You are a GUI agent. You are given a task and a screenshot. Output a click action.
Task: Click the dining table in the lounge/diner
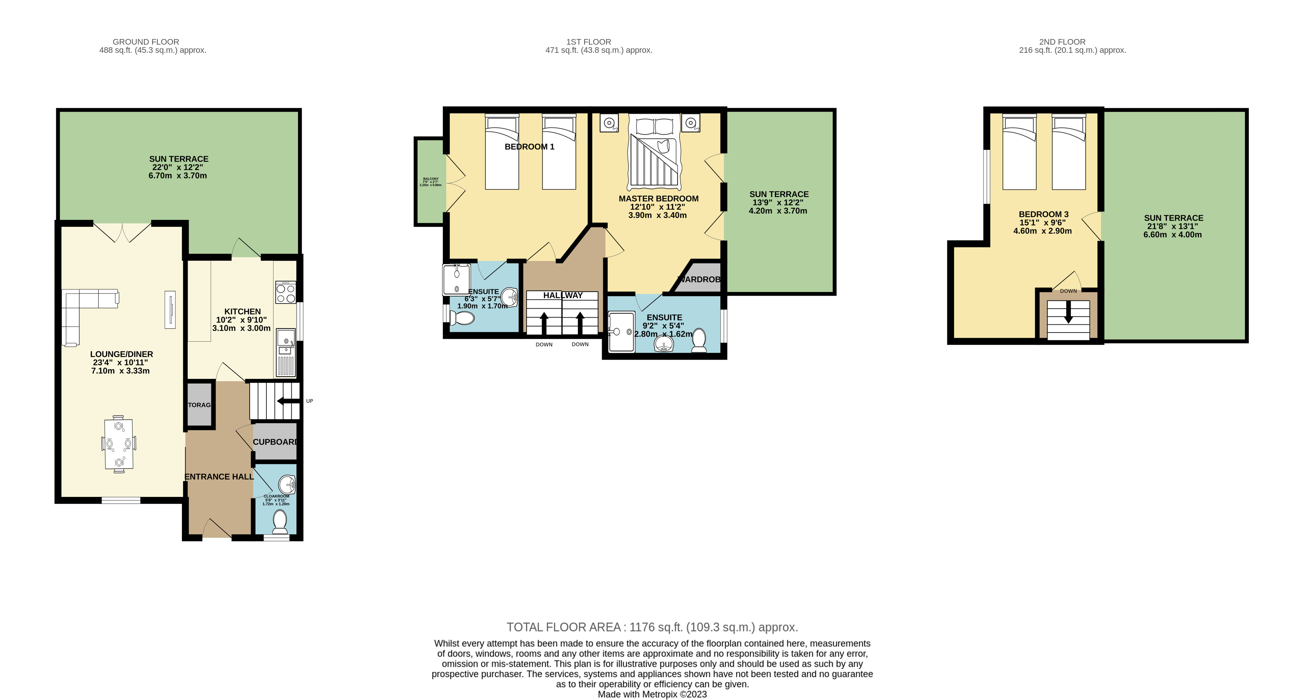coord(119,444)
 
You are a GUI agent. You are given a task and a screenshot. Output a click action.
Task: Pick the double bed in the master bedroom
coord(653,152)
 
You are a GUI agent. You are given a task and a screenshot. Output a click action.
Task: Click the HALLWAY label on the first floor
coord(563,295)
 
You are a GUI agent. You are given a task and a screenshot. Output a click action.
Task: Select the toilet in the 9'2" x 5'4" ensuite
coord(699,340)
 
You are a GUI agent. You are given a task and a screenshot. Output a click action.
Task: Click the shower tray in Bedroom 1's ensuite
coord(457,279)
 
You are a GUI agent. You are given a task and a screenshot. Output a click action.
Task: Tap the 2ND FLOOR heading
coord(1062,42)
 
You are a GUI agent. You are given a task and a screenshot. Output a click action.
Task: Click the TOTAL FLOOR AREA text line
coord(652,627)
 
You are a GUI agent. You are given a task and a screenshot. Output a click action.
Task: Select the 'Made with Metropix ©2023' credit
coord(652,694)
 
